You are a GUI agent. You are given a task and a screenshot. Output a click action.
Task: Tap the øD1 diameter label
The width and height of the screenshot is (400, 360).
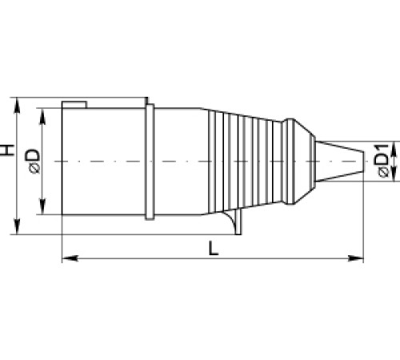382,160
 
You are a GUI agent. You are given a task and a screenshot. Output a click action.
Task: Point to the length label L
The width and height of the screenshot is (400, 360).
213,249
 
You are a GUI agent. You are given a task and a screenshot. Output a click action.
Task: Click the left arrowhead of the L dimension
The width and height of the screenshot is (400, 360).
67,258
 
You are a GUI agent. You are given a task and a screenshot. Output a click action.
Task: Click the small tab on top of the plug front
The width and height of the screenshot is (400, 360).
75,104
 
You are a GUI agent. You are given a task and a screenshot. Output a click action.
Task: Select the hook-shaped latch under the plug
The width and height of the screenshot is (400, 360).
234,225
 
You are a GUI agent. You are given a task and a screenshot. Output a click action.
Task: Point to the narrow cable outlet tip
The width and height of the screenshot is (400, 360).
340,163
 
